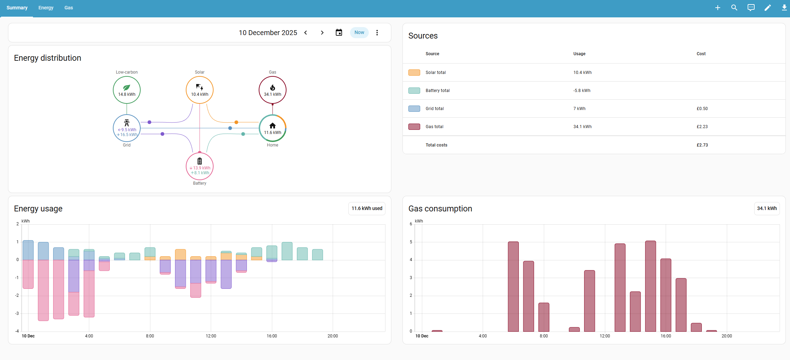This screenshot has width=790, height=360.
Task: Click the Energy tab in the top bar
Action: pyautogui.click(x=46, y=8)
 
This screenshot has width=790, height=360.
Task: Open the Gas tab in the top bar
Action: pyautogui.click(x=68, y=8)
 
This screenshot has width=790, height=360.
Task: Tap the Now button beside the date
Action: pyautogui.click(x=359, y=33)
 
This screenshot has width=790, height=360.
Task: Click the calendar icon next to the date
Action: pyautogui.click(x=339, y=33)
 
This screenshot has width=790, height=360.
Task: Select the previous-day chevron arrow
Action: pyautogui.click(x=306, y=33)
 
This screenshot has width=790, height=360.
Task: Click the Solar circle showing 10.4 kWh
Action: pyautogui.click(x=200, y=90)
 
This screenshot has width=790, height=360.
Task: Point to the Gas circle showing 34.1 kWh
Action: pyautogui.click(x=273, y=90)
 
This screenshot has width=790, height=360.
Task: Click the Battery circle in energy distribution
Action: pyautogui.click(x=200, y=166)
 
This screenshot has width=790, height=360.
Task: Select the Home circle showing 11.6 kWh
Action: pyautogui.click(x=273, y=128)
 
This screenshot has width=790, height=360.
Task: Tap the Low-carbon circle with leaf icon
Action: pyautogui.click(x=127, y=90)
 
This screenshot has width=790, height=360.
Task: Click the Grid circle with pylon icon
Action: pyautogui.click(x=127, y=128)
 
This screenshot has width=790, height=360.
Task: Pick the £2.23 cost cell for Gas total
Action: pyautogui.click(x=702, y=127)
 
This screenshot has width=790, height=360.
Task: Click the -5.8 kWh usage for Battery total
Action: pyautogui.click(x=582, y=91)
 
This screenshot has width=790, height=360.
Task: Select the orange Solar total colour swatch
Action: pyautogui.click(x=414, y=73)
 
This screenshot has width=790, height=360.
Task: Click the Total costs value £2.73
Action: pyautogui.click(x=702, y=145)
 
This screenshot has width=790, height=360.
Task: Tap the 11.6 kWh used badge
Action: pyautogui.click(x=367, y=209)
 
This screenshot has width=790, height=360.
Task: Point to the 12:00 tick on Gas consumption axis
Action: pyautogui.click(x=605, y=336)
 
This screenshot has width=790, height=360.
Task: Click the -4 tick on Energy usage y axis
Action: pyautogui.click(x=17, y=331)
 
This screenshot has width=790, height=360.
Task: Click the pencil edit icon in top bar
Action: pyautogui.click(x=768, y=8)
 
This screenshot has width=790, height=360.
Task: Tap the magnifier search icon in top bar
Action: pyautogui.click(x=734, y=8)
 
